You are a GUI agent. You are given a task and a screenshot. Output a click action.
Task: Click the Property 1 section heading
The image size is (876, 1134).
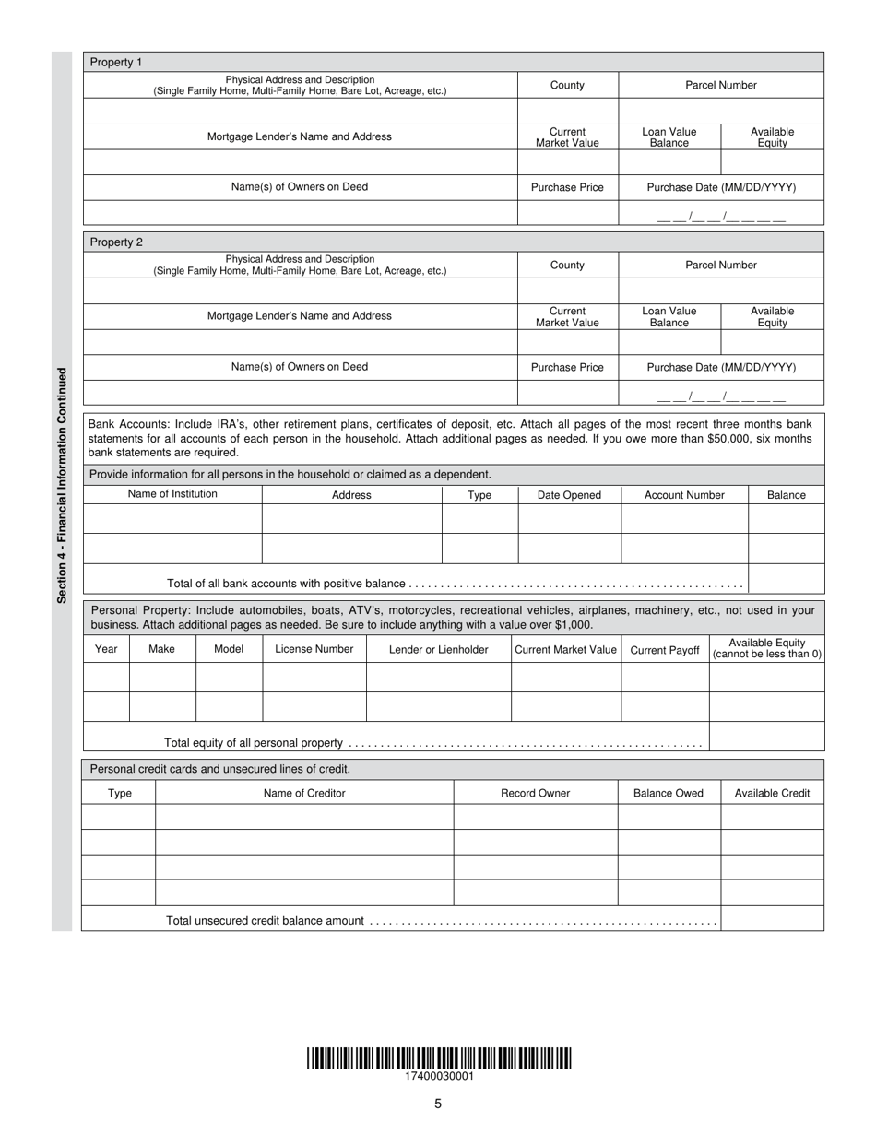pos(116,62)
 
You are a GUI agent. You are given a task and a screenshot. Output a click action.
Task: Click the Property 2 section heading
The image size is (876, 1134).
pos(116,242)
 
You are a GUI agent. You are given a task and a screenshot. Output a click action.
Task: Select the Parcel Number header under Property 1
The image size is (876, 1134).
pos(720,85)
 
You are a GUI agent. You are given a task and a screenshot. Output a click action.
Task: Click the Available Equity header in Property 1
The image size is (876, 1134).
pos(772,137)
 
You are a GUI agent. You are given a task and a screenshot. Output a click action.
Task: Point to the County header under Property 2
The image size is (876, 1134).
pos(567,265)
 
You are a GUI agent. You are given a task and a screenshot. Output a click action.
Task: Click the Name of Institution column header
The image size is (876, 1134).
pos(172,494)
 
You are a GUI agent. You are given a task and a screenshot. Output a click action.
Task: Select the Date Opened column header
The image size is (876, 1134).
pos(569,495)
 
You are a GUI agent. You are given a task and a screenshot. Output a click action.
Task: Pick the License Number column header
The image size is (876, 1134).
pos(314,649)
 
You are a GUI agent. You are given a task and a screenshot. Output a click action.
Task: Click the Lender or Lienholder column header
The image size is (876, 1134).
pos(439,649)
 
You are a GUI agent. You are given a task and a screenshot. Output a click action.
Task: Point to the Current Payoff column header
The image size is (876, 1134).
pos(665,650)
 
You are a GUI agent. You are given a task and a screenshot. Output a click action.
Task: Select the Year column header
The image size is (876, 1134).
pos(106,649)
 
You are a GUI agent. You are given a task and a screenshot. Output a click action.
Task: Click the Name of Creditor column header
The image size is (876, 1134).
pos(304,793)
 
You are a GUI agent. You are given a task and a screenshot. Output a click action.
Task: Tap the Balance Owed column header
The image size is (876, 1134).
pos(669,793)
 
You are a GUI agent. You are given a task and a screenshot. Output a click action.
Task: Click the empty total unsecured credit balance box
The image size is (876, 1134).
pos(772,918)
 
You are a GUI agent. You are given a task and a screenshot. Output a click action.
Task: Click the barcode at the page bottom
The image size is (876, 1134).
pos(439,1057)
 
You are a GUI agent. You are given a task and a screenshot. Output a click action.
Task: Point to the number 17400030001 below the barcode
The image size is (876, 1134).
pos(439,1076)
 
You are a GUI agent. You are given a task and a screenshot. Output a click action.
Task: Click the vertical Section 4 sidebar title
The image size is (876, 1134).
pos(62,485)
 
